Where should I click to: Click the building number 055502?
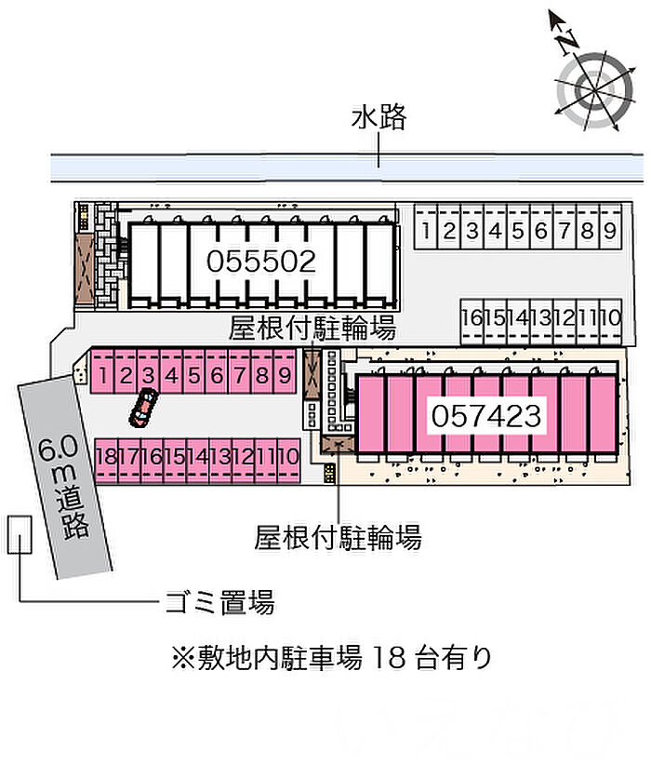(261, 262)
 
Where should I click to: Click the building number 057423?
(485, 414)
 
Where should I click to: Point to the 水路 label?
(379, 117)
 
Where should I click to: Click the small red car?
(143, 407)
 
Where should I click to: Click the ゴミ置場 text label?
(219, 603)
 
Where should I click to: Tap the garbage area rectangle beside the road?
(19, 534)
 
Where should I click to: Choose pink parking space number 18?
(105, 456)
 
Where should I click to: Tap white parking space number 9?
(609, 232)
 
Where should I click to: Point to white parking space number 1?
(425, 232)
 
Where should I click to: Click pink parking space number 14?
(196, 456)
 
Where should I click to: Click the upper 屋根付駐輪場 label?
(312, 329)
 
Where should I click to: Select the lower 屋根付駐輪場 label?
(338, 537)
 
